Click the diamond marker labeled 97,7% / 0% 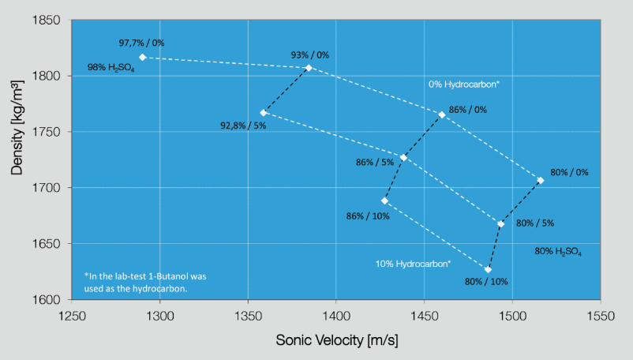(x=143, y=58)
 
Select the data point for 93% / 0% (x=309, y=68)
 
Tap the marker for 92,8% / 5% (x=263, y=113)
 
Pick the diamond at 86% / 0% (x=442, y=115)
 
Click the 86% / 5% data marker (x=403, y=157)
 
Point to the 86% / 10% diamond (x=384, y=201)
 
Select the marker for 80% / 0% (x=541, y=181)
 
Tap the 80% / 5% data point (x=500, y=224)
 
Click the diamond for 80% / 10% (x=488, y=269)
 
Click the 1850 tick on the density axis (x=47, y=20)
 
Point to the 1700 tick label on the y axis (x=47, y=188)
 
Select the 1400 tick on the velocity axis (x=336, y=316)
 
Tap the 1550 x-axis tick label (x=601, y=316)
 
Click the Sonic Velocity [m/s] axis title (x=337, y=340)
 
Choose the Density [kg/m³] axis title (x=17, y=128)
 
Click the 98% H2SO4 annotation (x=111, y=67)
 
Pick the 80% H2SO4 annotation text (x=558, y=251)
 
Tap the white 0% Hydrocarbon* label (x=464, y=84)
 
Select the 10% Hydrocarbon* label (x=413, y=264)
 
